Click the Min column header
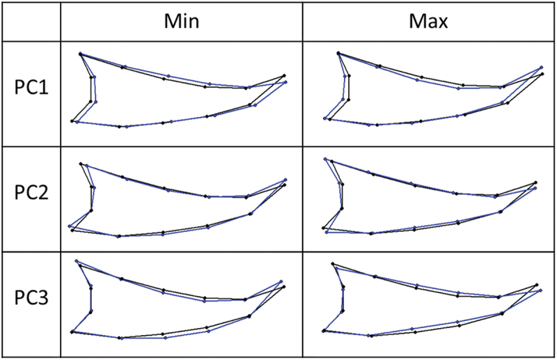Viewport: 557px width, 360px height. (182, 22)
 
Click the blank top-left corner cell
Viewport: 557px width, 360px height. (31, 22)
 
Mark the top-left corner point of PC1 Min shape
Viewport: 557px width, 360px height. (81, 54)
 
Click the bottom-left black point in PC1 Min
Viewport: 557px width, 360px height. (72, 121)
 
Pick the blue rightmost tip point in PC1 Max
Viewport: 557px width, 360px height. (542, 68)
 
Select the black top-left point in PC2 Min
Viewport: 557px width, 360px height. (81, 164)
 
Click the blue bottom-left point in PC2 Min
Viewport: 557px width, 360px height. (70, 226)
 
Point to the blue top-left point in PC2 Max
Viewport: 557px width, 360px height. (325, 159)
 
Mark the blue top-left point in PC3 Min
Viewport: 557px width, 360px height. (75, 261)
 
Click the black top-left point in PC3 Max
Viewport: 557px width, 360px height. (332, 264)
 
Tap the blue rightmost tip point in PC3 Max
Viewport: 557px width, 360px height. (542, 290)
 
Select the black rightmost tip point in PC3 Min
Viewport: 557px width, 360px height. (285, 286)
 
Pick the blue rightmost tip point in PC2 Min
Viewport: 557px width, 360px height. (285, 180)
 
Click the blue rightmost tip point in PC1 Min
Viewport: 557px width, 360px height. (286, 82)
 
